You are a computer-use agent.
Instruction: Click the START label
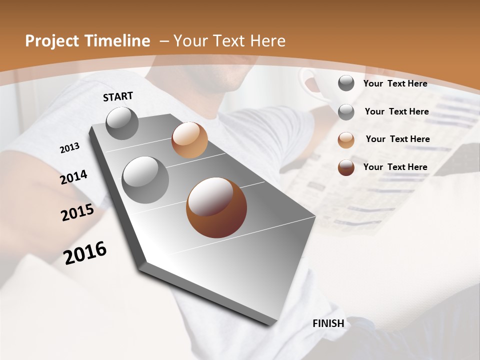click(x=118, y=96)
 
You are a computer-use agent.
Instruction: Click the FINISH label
click(x=328, y=323)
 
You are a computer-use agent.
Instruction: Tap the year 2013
click(x=69, y=147)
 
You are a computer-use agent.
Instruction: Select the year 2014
click(x=73, y=177)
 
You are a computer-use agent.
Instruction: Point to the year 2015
click(x=77, y=212)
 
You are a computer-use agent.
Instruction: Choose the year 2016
click(x=85, y=253)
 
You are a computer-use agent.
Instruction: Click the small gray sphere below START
click(x=122, y=123)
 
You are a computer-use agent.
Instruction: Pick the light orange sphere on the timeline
click(x=189, y=140)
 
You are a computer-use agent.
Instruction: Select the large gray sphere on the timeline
click(x=145, y=180)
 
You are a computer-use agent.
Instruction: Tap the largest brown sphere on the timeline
click(x=216, y=207)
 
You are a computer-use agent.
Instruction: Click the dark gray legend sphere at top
click(x=346, y=83)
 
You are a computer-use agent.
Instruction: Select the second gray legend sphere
click(x=346, y=111)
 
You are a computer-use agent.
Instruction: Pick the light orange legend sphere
click(x=346, y=139)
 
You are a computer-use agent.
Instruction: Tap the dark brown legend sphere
click(x=346, y=167)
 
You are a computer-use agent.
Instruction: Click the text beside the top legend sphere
click(x=395, y=83)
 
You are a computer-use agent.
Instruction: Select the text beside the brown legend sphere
click(x=395, y=167)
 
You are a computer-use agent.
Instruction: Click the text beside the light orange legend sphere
click(x=397, y=139)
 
